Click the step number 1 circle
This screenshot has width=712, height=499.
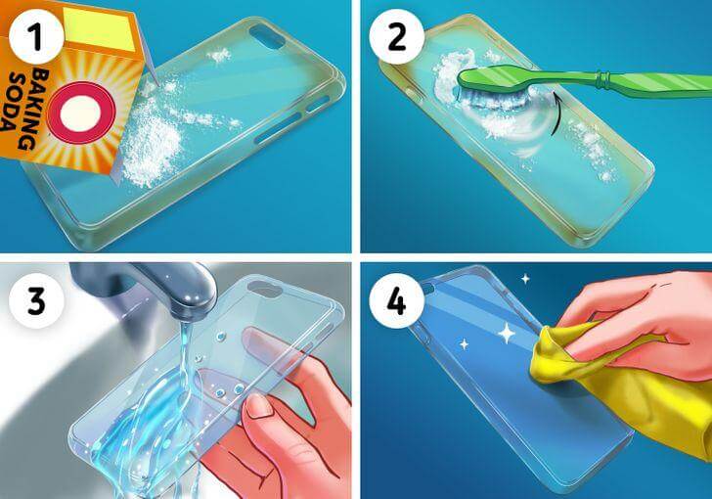pos(36,37)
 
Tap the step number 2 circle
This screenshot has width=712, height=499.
pos(397,37)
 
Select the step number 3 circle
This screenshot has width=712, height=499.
pos(36,300)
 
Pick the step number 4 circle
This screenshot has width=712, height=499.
pos(397,300)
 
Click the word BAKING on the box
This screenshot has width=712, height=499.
pos(36,109)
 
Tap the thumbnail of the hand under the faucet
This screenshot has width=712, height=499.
pos(258,406)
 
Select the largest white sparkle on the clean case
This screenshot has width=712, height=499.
pos(507,333)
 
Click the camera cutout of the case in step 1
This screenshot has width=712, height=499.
pos(267,37)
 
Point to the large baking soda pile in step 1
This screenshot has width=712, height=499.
pos(150,146)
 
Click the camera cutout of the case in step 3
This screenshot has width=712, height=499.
pos(263,290)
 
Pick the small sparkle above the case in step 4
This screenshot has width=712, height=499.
pos(525,279)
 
